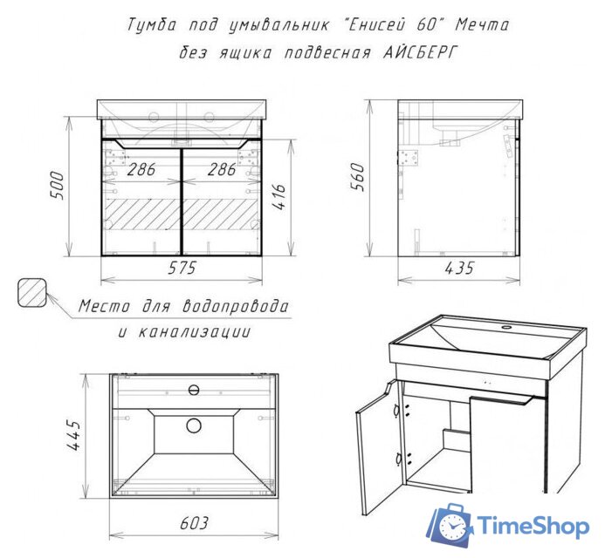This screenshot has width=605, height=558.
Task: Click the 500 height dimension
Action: tap(58, 186)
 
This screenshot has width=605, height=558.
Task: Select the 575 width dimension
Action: tap(182, 269)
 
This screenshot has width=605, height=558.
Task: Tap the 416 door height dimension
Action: tap(279, 196)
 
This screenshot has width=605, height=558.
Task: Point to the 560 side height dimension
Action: tap(357, 177)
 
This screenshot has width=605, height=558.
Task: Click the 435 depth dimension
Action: tap(459, 269)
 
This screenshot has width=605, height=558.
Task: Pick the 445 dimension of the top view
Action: tap(74, 435)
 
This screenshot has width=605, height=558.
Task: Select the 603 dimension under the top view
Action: tap(194, 523)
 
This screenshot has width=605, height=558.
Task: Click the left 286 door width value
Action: tap(141, 169)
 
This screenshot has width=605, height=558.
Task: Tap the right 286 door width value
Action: tap(222, 169)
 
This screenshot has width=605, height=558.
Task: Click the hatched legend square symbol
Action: tap(32, 292)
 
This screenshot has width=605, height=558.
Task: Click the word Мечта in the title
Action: tap(482, 25)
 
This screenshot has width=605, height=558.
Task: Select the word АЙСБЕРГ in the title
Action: tap(420, 52)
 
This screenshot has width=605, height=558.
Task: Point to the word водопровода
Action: tap(235, 307)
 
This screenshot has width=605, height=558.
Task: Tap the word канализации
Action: tap(195, 331)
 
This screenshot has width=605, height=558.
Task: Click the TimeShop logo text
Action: tap(533, 526)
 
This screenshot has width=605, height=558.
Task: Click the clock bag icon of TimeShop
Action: tap(450, 524)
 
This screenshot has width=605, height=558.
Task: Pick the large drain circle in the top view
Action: tap(194, 425)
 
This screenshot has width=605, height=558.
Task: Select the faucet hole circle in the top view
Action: tap(194, 390)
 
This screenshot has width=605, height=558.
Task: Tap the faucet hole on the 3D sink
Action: tap(505, 328)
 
